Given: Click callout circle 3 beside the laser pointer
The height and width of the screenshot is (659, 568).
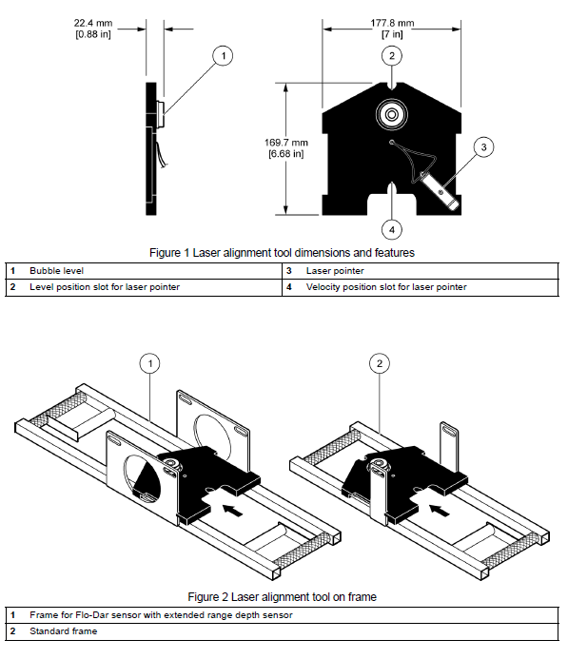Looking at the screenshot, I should pyautogui.click(x=483, y=146).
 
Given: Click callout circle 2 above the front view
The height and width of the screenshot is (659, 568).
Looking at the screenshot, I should pyautogui.click(x=392, y=56).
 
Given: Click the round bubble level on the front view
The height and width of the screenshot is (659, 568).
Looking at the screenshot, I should pyautogui.click(x=391, y=115).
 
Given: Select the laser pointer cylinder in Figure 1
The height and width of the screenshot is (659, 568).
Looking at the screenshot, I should pyautogui.click(x=441, y=189).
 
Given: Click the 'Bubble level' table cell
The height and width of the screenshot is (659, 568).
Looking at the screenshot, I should pyautogui.click(x=57, y=271).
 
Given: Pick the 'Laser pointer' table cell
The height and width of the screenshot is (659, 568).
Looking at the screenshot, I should pyautogui.click(x=334, y=271).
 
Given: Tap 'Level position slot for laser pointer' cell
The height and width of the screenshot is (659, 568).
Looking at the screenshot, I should pyautogui.click(x=105, y=286).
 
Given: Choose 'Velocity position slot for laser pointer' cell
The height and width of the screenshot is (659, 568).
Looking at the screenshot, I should pyautogui.click(x=386, y=286).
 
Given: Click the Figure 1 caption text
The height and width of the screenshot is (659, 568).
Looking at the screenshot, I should pyautogui.click(x=283, y=253).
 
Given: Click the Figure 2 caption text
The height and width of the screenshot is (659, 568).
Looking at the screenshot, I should pyautogui.click(x=283, y=597).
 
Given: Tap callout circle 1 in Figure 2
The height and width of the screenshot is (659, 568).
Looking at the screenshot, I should pyautogui.click(x=150, y=361).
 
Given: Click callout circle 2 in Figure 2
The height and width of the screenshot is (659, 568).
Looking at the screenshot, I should pyautogui.click(x=379, y=361).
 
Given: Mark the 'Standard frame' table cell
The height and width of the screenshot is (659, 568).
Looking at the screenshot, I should pyautogui.click(x=63, y=631).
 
